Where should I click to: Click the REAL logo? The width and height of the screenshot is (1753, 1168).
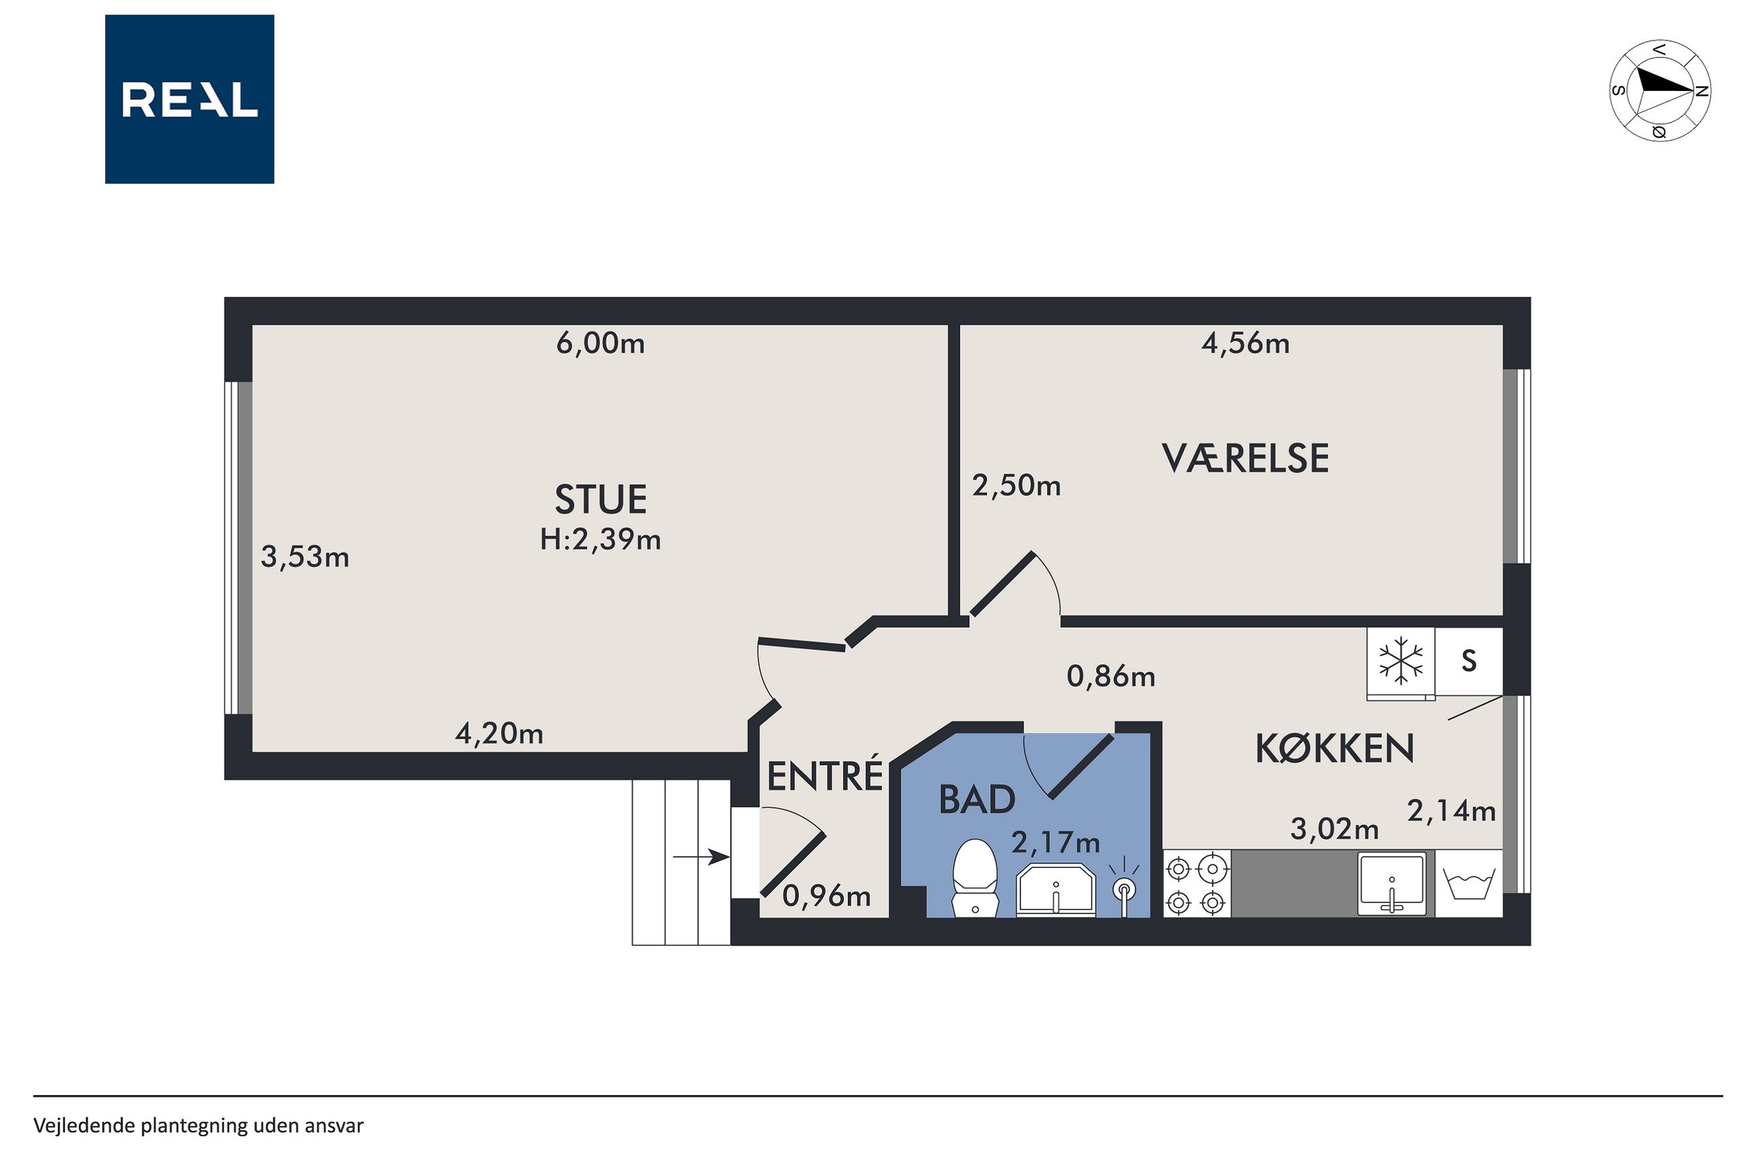[189, 99]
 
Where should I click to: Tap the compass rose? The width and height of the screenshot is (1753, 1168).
[1659, 90]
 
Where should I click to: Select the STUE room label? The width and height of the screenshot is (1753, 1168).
[601, 499]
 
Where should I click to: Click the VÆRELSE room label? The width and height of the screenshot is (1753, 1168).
[1245, 458]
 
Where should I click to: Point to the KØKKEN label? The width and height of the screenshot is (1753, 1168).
[1334, 748]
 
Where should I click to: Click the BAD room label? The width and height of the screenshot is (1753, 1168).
[977, 800]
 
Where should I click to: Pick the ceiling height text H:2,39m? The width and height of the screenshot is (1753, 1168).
[601, 539]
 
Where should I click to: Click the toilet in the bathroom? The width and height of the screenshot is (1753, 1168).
[975, 878]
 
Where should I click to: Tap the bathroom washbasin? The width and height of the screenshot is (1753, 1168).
[1056, 890]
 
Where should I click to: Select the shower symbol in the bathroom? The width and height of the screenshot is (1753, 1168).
[1124, 886]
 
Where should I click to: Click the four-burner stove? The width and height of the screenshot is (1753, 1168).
[1197, 884]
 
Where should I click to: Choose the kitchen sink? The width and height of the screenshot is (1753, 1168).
[1392, 884]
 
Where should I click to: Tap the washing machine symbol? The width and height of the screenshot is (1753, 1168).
[1468, 884]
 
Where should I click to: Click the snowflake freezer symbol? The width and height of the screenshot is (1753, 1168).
[1400, 660]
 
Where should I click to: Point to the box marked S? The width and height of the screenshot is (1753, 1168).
[1468, 661]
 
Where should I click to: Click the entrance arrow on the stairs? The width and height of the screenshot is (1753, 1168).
[701, 857]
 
